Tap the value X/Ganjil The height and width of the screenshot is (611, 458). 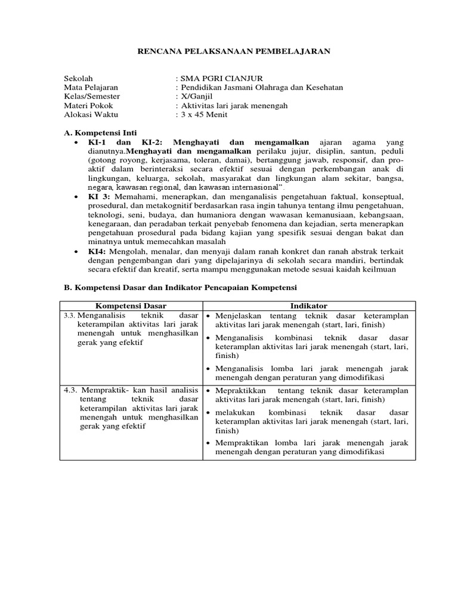pyautogui.click(x=196, y=96)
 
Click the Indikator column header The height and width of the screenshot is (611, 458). pyautogui.click(x=308, y=305)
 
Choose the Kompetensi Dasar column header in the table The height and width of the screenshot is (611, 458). pyautogui.click(x=131, y=305)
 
